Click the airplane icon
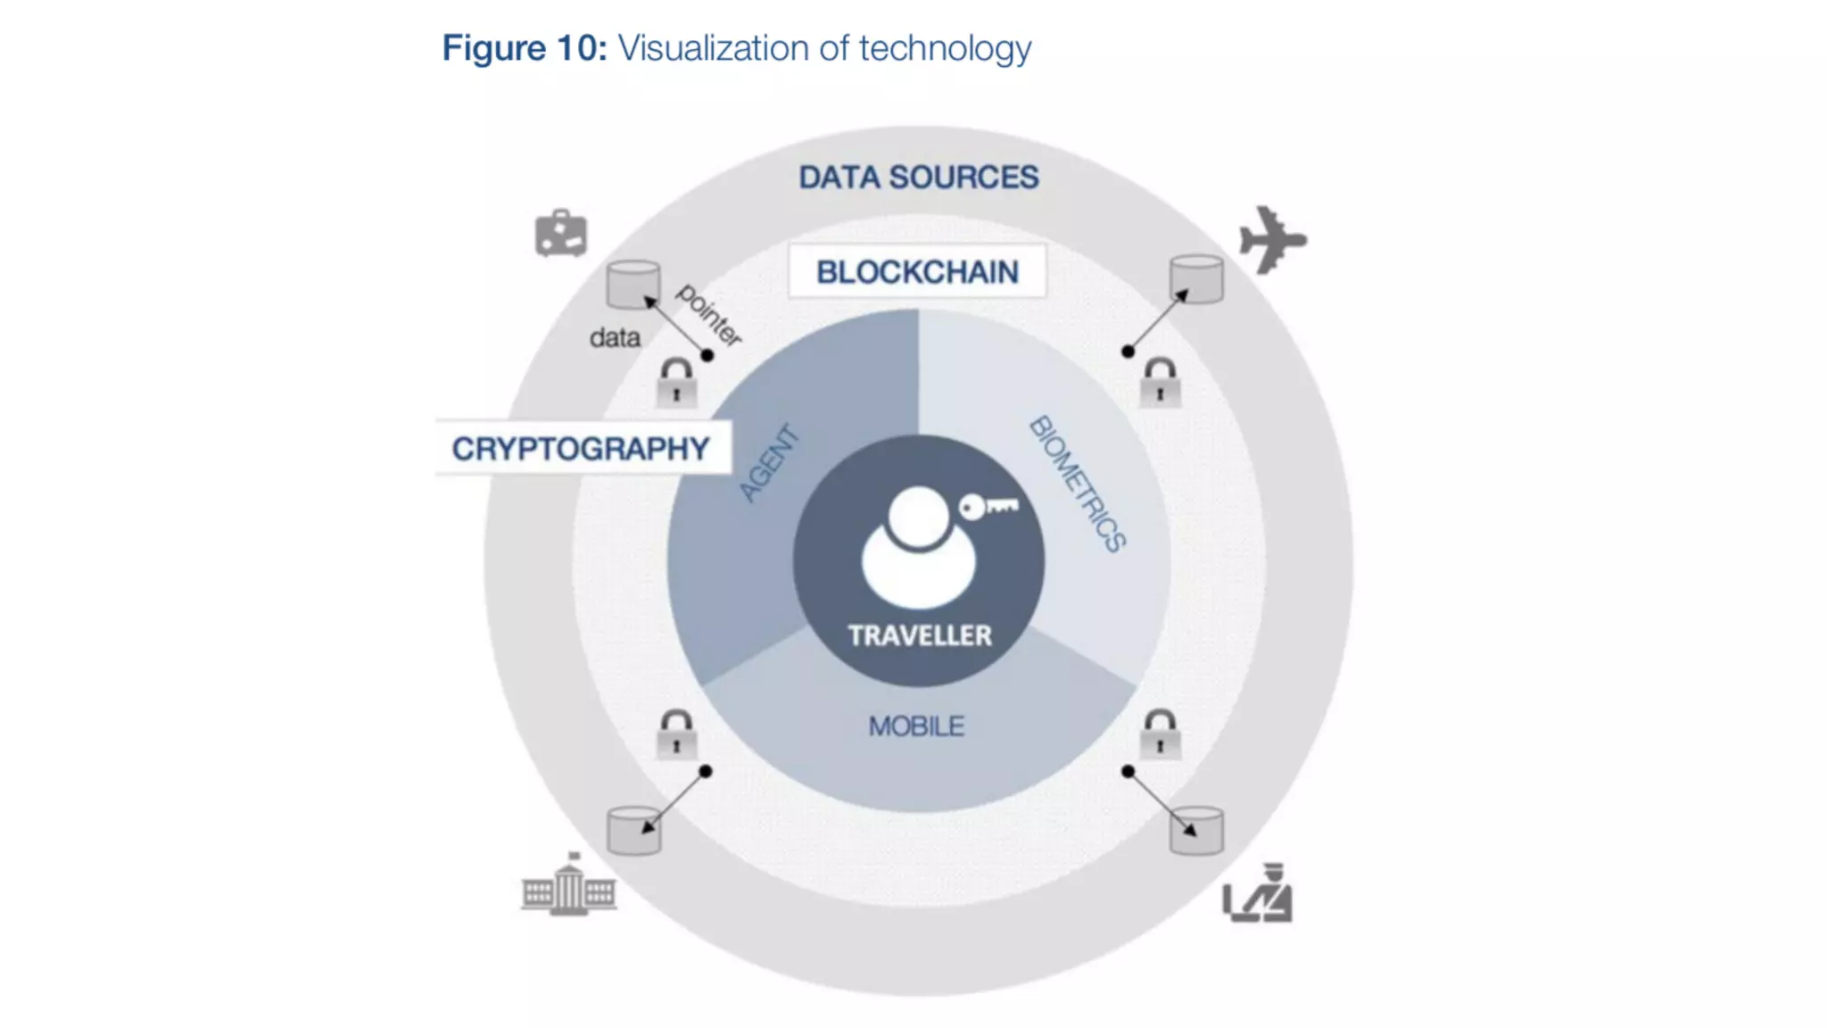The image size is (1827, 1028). (x=1272, y=239)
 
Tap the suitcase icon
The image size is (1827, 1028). (x=560, y=234)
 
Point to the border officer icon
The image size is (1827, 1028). (x=1258, y=894)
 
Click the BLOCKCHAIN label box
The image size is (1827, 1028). (x=917, y=271)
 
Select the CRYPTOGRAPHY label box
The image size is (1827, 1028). (x=581, y=448)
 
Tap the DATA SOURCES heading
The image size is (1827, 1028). (x=918, y=177)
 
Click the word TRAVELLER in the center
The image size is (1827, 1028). (x=919, y=635)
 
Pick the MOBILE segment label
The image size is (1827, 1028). (x=916, y=726)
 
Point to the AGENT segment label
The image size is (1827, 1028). (x=769, y=464)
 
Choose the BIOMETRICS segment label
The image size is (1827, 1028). (x=1078, y=484)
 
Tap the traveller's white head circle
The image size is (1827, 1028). (x=918, y=516)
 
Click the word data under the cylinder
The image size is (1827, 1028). (x=615, y=337)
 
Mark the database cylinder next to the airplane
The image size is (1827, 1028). (x=1196, y=278)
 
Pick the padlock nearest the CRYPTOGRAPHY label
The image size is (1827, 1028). (x=676, y=383)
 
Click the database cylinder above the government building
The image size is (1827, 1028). (x=633, y=830)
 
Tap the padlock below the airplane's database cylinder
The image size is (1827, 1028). (x=1160, y=383)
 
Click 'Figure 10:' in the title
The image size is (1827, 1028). (x=525, y=48)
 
